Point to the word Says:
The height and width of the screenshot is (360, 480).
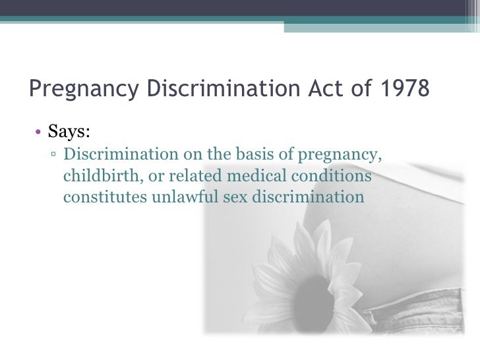point(69,132)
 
